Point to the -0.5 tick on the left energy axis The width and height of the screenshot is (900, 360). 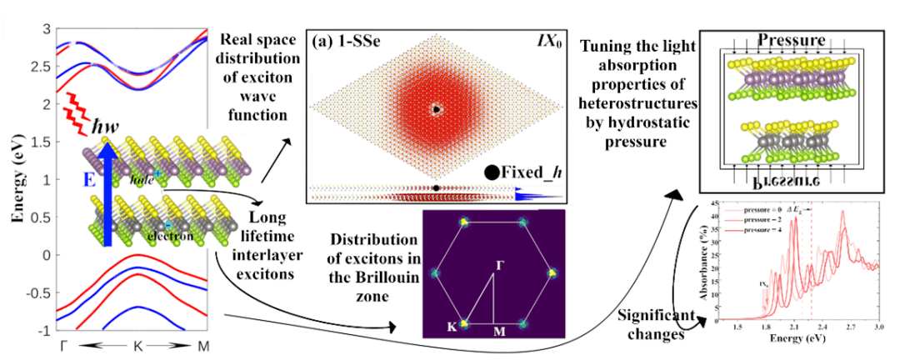tap(37, 292)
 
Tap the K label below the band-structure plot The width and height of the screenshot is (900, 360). tap(137, 343)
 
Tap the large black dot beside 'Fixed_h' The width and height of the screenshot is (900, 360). tap(492, 173)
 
